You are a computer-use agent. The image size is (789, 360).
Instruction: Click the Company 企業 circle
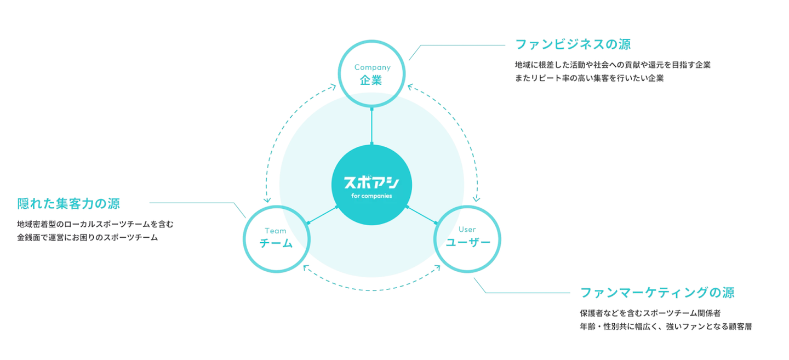[x=372, y=74]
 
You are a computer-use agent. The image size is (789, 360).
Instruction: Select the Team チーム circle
[x=276, y=238]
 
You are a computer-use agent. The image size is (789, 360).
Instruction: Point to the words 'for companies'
[x=371, y=196]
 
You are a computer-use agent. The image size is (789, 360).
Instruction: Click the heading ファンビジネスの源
[x=573, y=44]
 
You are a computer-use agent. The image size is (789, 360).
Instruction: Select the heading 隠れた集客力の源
[x=68, y=204]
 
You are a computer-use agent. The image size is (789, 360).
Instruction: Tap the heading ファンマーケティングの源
[x=657, y=292]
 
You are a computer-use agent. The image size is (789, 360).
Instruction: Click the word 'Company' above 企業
[x=372, y=67]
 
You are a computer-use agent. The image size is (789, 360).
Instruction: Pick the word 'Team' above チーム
[x=276, y=231]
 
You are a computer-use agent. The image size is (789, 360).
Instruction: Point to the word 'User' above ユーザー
[x=467, y=230]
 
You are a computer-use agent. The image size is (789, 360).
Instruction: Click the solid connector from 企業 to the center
[x=372, y=126]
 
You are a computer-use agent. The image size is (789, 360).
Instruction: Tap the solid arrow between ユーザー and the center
[x=422, y=215]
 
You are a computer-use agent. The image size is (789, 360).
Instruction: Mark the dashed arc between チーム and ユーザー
[x=372, y=289]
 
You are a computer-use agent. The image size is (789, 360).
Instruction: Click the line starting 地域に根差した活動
[x=613, y=65]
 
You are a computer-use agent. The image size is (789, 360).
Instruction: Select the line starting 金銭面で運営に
[x=87, y=237]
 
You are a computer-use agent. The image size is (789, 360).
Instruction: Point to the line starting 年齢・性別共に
[x=665, y=326]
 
